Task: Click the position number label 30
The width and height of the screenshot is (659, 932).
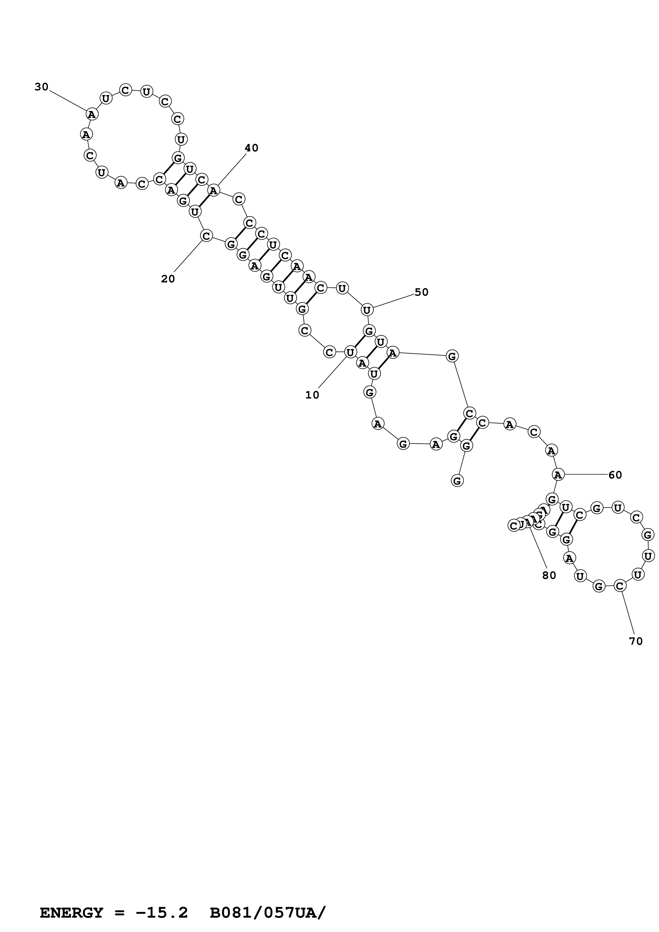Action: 41,87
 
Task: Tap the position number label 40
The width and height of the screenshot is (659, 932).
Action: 251,148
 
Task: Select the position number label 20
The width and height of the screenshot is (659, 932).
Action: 168,279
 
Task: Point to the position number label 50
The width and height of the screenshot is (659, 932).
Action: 421,292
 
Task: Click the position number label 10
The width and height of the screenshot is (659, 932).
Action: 312,395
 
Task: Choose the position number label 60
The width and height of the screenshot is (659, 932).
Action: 615,475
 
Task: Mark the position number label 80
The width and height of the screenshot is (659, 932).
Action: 549,576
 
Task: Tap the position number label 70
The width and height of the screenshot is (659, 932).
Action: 636,641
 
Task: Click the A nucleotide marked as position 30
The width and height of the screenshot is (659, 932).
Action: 92,115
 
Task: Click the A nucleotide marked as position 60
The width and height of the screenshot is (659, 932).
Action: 558,474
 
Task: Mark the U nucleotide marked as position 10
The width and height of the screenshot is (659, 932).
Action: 350,352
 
